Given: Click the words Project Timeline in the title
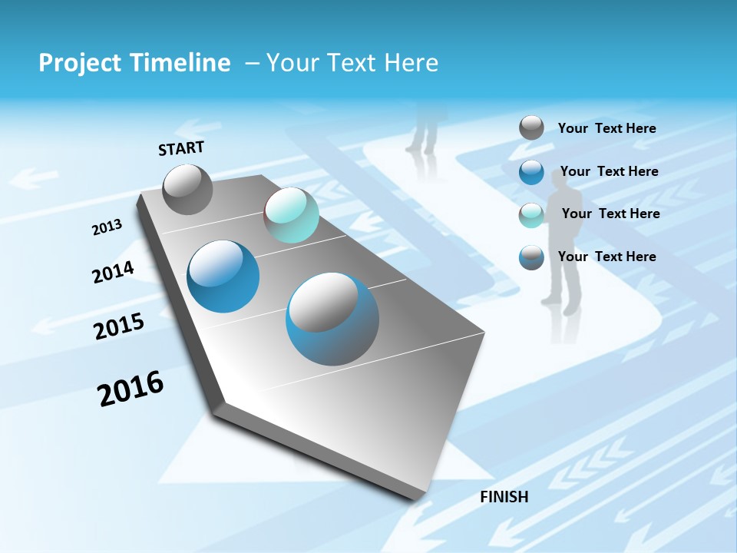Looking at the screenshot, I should tap(134, 63).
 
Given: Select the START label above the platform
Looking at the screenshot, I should tap(181, 148).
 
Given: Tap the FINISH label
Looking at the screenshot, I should tap(504, 497).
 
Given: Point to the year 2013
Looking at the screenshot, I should tap(107, 227).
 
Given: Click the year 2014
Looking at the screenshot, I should tap(113, 272).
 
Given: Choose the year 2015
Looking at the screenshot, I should tap(118, 326).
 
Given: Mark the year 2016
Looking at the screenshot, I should tap(131, 389).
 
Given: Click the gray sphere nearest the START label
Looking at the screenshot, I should tap(187, 189).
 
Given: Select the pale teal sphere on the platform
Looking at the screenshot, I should tap(291, 216).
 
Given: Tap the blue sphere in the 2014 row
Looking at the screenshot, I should tap(223, 276).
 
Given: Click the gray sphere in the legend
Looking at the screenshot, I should tap(531, 127).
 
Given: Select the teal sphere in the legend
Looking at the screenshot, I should tap(531, 215).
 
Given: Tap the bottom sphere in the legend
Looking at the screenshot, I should tap(531, 257).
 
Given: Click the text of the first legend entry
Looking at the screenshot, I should tap(606, 128).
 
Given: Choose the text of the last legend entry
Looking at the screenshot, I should tap(606, 257).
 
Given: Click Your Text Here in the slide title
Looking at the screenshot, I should tap(352, 63).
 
